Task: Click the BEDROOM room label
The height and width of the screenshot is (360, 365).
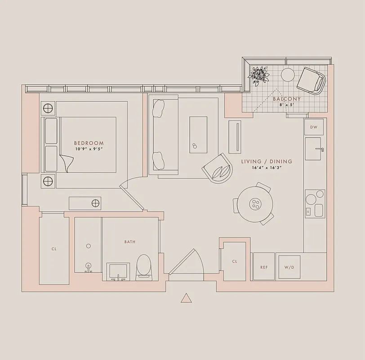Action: click(89, 143)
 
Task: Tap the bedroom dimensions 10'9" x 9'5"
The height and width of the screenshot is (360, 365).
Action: click(89, 148)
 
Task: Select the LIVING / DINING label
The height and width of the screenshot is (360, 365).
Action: click(266, 162)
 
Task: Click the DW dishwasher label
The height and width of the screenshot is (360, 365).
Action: click(314, 127)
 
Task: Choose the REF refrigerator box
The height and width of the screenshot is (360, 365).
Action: click(264, 267)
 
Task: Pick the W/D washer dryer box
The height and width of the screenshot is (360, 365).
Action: click(289, 267)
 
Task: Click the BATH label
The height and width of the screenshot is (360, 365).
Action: click(130, 242)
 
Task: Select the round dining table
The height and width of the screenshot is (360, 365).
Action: click(255, 203)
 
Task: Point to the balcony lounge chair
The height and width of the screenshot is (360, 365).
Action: click(311, 80)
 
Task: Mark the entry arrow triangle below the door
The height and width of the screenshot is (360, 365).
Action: click(186, 298)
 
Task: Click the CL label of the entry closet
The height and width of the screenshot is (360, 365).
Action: click(234, 261)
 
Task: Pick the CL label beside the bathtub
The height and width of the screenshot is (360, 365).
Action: click(54, 248)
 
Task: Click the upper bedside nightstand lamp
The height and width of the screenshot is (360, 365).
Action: click(48, 108)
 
